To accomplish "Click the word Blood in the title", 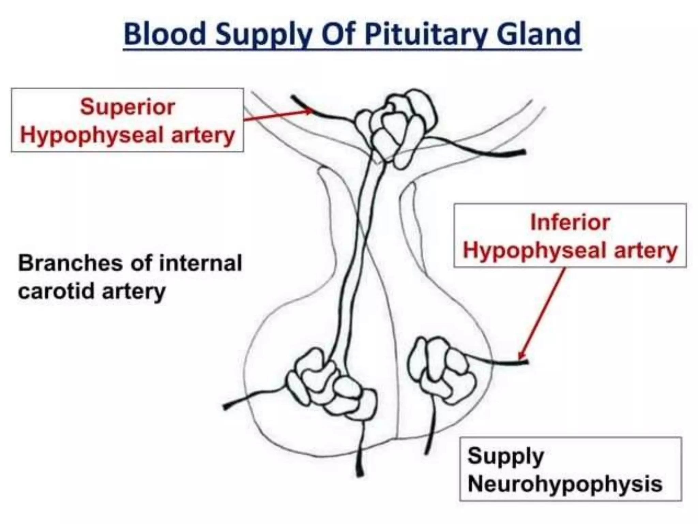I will (x=165, y=34).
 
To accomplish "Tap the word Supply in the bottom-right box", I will (x=505, y=456).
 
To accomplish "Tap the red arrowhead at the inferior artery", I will (x=520, y=357).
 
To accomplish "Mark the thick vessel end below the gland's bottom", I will (x=360, y=472).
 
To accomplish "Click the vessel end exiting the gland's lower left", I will (x=226, y=406).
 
